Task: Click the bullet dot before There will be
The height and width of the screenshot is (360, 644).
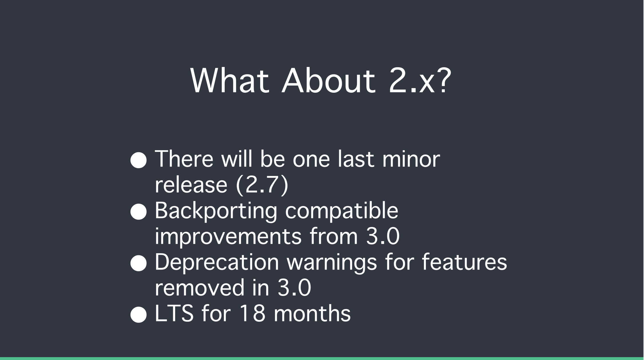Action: [x=139, y=160]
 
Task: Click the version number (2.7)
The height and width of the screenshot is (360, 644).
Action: [x=262, y=185]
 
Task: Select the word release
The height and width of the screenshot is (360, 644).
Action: [x=191, y=185]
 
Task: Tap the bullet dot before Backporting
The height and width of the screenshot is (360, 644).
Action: [x=139, y=211]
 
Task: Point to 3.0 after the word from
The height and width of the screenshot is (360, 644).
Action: [x=383, y=236]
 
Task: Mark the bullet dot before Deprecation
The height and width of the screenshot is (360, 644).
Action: [x=139, y=263]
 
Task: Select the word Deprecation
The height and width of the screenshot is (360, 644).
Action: [x=217, y=263]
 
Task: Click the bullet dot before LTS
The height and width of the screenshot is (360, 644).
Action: [x=139, y=314]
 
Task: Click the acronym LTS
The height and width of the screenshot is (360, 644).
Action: [x=174, y=313]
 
